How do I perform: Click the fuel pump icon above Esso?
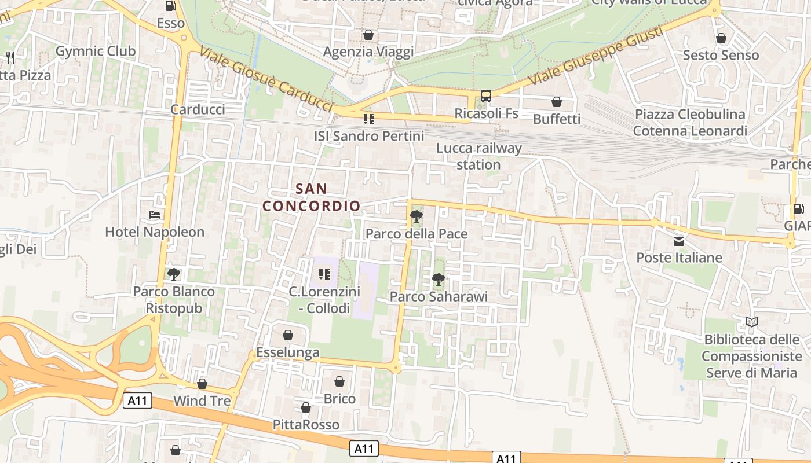pyautogui.click(x=171, y=6)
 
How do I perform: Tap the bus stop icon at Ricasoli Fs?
pyautogui.click(x=486, y=96)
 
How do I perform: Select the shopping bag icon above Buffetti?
pyautogui.click(x=557, y=102)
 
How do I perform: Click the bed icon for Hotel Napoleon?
pyautogui.click(x=155, y=215)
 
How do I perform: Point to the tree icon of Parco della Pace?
pyautogui.click(x=416, y=217)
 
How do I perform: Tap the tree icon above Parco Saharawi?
pyautogui.click(x=439, y=280)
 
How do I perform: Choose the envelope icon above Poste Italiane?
pyautogui.click(x=679, y=241)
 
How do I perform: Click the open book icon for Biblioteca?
pyautogui.click(x=752, y=322)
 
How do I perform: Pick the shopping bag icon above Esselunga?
pyautogui.click(x=288, y=335)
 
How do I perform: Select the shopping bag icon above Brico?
pyautogui.click(x=339, y=381)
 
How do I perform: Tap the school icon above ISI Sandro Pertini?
pyautogui.click(x=368, y=119)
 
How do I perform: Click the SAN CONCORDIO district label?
pyautogui.click(x=312, y=197)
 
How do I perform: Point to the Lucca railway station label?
pyautogui.click(x=478, y=156)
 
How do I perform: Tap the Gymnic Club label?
pyautogui.click(x=96, y=51)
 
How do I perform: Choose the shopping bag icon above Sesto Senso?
pyautogui.click(x=721, y=38)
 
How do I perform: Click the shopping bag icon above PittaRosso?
pyautogui.click(x=306, y=408)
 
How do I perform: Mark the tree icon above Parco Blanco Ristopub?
pyautogui.click(x=173, y=274)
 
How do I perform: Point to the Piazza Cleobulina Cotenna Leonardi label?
pyautogui.click(x=690, y=122)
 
